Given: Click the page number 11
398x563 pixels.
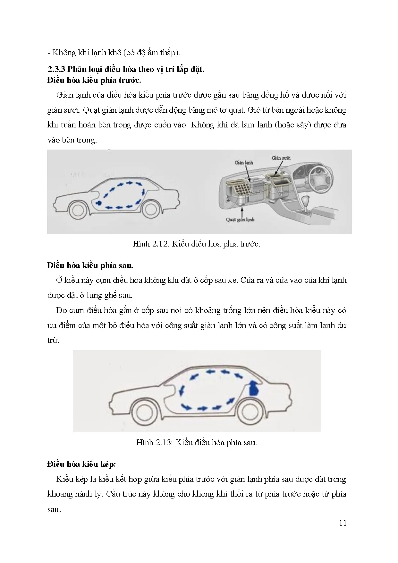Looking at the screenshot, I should [x=343, y=523].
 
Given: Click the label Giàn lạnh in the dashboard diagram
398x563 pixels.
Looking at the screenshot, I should [x=243, y=162].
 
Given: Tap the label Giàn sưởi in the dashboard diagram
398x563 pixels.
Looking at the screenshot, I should [x=281, y=158].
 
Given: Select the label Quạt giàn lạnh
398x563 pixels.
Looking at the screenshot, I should [x=240, y=220].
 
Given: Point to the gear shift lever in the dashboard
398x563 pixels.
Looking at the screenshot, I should [x=305, y=203].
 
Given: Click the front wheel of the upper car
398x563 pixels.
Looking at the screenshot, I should [x=78, y=210].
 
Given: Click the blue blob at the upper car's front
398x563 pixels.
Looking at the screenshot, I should [x=98, y=203].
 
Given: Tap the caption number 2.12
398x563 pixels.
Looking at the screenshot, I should [x=160, y=244].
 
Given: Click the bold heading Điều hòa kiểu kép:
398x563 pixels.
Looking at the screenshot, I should [x=81, y=464].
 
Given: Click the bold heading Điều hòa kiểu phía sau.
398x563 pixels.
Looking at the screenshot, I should [x=90, y=265].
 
